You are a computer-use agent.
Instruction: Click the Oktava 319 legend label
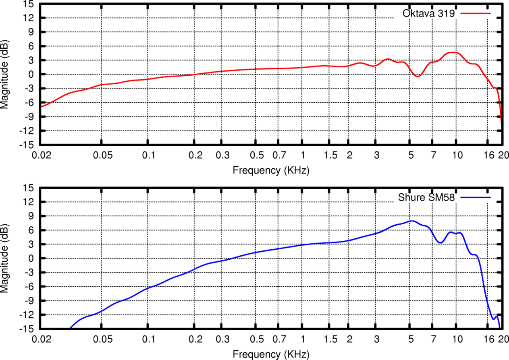(428, 13)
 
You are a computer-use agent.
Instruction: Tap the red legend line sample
(476, 13)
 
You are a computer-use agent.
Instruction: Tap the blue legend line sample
(476, 198)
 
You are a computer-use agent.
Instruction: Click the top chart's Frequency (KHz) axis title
(271, 170)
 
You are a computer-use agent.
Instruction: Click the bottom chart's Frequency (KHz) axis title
(271, 354)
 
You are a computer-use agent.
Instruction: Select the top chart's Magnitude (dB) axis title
(5, 74)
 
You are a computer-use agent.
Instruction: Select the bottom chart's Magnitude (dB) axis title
(5, 259)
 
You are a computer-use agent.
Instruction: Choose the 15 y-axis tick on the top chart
(29, 4)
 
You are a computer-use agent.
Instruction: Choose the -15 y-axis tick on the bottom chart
(27, 329)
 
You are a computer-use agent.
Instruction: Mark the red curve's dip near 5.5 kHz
(417, 76)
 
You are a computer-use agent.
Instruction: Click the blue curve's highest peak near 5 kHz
(411, 221)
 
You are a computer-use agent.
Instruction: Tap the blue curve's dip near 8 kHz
(440, 243)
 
